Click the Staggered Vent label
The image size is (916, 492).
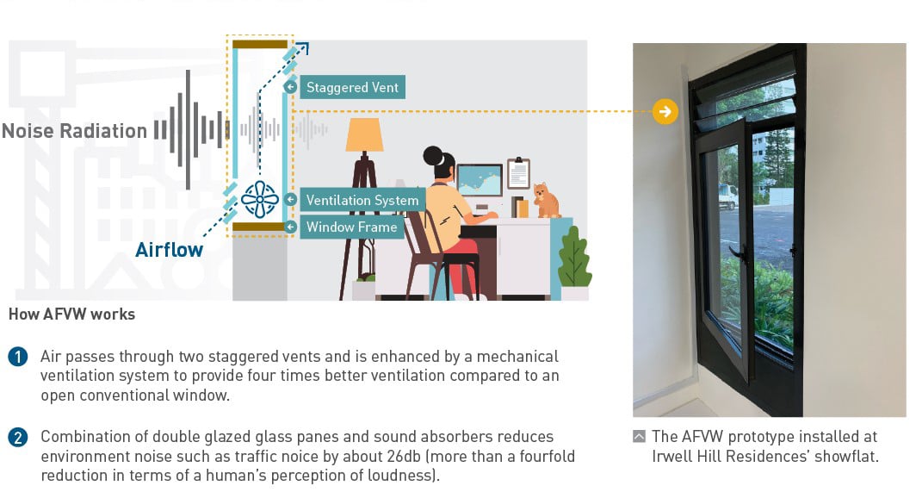coord(352,88)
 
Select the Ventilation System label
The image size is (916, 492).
coord(362,200)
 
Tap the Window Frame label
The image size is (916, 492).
coord(351,227)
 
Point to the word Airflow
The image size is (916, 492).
coord(170,250)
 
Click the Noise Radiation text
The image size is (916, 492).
coord(74,131)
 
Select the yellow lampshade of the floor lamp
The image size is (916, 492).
coord(364,135)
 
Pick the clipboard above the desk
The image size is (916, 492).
coord(518,173)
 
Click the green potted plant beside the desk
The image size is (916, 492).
coord(574,258)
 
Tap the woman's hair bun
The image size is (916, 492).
coord(433,155)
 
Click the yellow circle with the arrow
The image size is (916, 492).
coord(665,111)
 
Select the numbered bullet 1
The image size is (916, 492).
coord(17,357)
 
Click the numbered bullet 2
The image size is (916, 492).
coord(17,438)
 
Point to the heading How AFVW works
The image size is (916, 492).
coord(71,315)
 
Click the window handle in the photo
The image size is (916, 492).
coord(738,252)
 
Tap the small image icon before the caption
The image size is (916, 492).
coord(639,437)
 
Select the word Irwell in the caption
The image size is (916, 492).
coord(674,456)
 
